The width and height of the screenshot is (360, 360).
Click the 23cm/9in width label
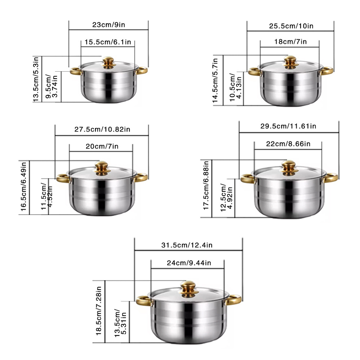tap(109, 24)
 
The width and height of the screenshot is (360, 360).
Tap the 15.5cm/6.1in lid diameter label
tap(108, 42)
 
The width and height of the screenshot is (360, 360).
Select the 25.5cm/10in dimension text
tap(291, 26)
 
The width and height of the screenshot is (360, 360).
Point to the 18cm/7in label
tap(291, 41)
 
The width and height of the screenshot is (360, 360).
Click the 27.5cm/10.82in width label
tap(102, 129)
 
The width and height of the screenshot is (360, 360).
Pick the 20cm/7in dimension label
tap(102, 146)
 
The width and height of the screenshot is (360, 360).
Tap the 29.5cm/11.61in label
tap(288, 126)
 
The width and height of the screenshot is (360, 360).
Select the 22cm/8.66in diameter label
tap(288, 144)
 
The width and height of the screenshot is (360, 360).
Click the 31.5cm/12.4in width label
tap(186, 245)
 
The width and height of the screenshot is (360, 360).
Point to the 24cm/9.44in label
tap(189, 263)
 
